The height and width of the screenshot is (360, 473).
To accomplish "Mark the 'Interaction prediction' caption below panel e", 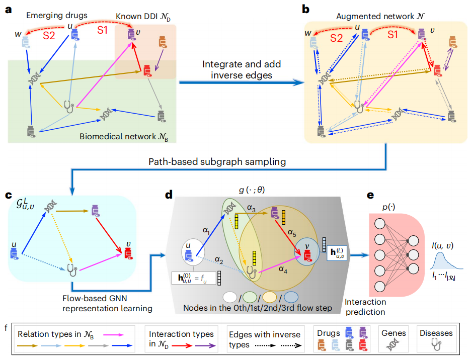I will point(366,307).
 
